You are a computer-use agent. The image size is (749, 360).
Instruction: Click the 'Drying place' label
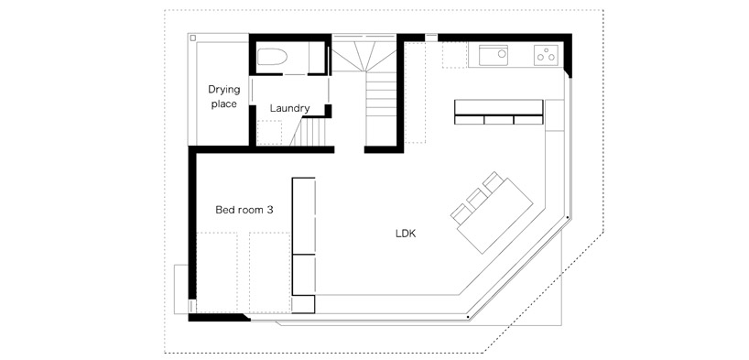click(x=224, y=96)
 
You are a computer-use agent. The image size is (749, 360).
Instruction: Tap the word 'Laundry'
click(x=290, y=108)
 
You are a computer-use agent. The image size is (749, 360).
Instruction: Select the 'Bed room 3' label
click(x=244, y=210)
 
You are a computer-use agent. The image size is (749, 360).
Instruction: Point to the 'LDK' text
click(x=406, y=234)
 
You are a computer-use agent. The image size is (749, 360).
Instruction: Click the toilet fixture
click(x=272, y=58)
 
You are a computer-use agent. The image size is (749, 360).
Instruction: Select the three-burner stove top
click(x=546, y=54)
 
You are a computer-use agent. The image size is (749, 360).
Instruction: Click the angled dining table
click(x=495, y=216)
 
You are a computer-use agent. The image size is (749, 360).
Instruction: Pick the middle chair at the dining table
click(x=477, y=198)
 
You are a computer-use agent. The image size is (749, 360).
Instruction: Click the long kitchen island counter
click(x=499, y=112)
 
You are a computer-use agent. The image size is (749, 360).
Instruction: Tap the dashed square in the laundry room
click(x=269, y=133)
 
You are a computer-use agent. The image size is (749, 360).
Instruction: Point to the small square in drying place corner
click(x=192, y=38)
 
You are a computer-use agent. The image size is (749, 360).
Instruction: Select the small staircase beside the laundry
click(x=309, y=132)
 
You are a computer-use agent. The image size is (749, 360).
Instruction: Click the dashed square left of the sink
click(x=454, y=55)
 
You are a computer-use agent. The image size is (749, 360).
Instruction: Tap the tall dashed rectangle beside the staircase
click(x=415, y=93)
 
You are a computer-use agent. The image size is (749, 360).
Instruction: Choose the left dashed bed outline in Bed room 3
click(x=217, y=272)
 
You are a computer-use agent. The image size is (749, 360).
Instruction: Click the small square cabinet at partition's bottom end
click(x=303, y=304)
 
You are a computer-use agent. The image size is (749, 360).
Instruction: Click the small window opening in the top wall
click(x=431, y=37)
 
